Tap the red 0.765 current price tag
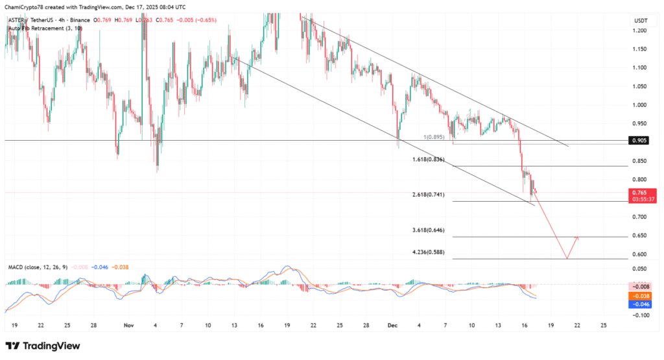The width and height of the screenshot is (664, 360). coord(643,192)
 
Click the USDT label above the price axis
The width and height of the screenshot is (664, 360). coord(639,21)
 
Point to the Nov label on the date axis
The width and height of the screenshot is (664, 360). coord(128,325)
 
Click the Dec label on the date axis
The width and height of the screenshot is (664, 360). coord(391,325)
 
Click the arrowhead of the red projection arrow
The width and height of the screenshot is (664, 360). coord(576,238)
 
